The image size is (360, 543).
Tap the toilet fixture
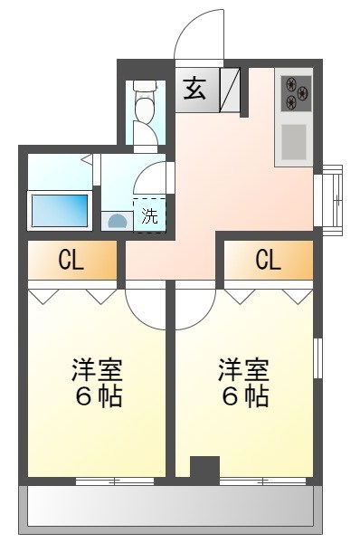145,105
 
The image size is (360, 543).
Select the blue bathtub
59,210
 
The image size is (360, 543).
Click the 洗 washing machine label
150,216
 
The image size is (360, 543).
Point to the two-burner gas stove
297,88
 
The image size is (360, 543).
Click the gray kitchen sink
296,140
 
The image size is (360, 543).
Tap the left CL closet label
71,261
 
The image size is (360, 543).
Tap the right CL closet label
268,261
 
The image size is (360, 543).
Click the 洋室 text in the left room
97,370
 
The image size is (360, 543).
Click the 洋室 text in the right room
243,370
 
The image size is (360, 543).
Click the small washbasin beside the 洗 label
118,220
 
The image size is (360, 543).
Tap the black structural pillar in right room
205,467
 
